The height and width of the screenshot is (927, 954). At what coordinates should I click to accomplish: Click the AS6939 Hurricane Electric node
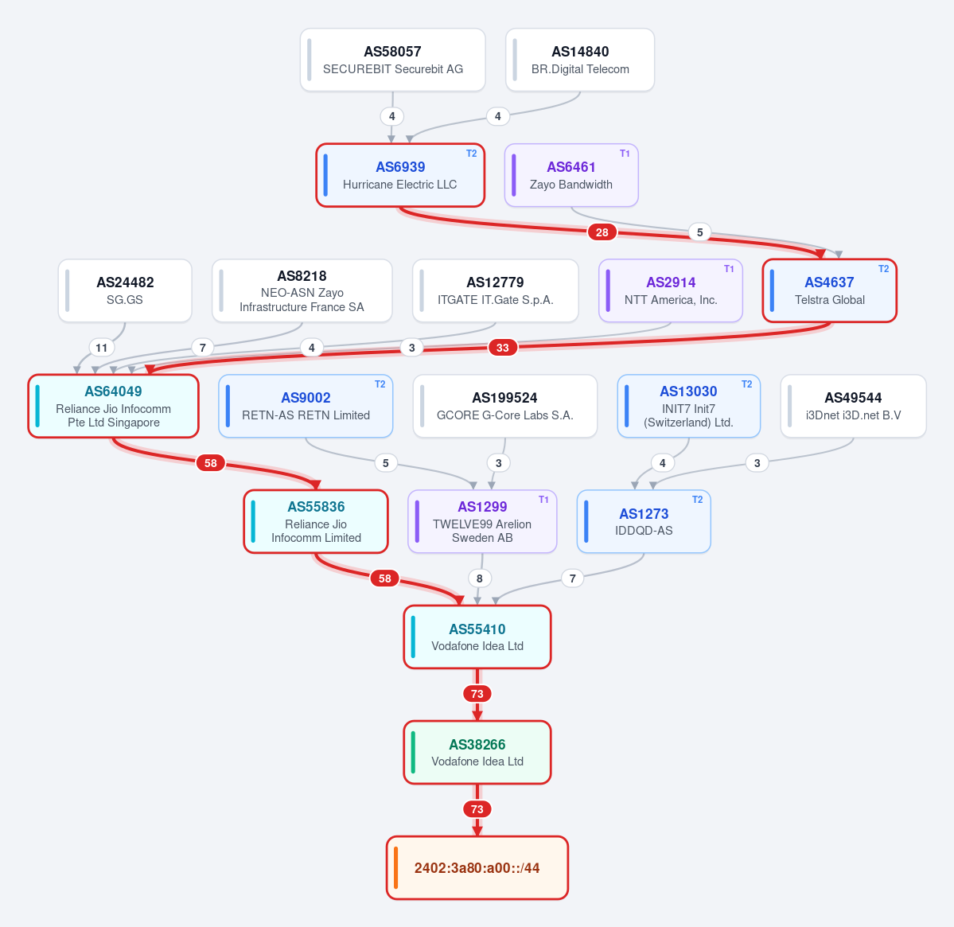pyautogui.click(x=400, y=175)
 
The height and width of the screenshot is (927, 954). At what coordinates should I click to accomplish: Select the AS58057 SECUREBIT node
pyautogui.click(x=393, y=60)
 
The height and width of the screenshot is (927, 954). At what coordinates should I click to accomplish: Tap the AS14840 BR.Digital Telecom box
pyautogui.click(x=580, y=60)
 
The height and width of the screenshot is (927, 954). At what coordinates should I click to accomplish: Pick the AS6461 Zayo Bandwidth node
pyautogui.click(x=571, y=175)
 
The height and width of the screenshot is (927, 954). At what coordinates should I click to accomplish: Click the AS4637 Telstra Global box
pyautogui.click(x=830, y=290)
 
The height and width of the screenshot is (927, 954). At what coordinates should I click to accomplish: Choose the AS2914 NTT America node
pyautogui.click(x=671, y=290)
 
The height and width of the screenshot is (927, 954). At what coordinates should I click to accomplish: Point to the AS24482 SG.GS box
pyautogui.click(x=125, y=290)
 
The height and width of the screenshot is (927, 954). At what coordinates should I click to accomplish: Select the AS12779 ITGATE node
pyautogui.click(x=495, y=290)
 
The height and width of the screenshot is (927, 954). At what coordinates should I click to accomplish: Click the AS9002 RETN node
pyautogui.click(x=306, y=407)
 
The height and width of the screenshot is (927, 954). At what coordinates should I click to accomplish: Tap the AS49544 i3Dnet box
pyautogui.click(x=853, y=407)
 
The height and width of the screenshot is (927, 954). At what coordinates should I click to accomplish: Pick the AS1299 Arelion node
pyautogui.click(x=482, y=521)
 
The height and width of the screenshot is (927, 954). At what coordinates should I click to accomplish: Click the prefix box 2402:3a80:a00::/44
pyautogui.click(x=477, y=868)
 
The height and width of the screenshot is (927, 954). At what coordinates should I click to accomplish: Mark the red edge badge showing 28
pyautogui.click(x=602, y=232)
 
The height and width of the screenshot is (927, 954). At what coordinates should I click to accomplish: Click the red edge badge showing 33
pyautogui.click(x=503, y=347)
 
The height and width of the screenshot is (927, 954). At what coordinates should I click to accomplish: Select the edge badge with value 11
pyautogui.click(x=102, y=347)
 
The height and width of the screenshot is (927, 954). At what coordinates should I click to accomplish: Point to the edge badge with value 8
pyautogui.click(x=480, y=578)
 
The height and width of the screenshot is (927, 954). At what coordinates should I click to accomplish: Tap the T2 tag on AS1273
pyautogui.click(x=697, y=500)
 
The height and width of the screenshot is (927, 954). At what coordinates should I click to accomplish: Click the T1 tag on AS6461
pyautogui.click(x=625, y=154)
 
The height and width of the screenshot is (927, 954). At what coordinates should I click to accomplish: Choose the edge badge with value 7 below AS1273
pyautogui.click(x=573, y=578)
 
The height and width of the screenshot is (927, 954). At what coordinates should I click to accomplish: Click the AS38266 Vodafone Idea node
pyautogui.click(x=477, y=753)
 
